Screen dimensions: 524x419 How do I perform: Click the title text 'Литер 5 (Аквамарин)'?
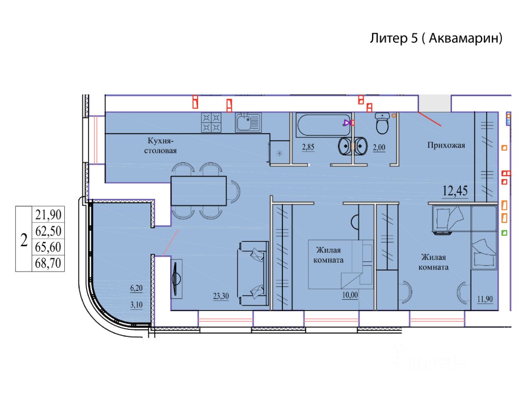[436, 38]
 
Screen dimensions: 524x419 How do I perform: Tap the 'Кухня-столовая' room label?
[160, 146]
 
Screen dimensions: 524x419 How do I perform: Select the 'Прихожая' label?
[446, 145]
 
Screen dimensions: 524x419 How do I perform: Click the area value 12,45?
[455, 191]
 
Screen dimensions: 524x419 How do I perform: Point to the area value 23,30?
[221, 296]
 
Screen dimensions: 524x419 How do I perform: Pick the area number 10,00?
[350, 295]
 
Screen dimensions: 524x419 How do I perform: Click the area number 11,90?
[485, 299]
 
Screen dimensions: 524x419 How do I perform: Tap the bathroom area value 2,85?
[308, 147]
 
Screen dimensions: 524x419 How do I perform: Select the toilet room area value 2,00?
[379, 147]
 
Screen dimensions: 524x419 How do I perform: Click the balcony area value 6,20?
[136, 288]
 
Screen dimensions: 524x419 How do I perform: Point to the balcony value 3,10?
[136, 304]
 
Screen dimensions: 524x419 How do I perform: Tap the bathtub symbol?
[323, 125]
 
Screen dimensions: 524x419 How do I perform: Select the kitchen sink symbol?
[248, 122]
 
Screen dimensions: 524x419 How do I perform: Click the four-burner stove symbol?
[211, 122]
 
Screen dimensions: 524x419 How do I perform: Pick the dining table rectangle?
[199, 191]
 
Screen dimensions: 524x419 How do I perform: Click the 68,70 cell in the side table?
[48, 263]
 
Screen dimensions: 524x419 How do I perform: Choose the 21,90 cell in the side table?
[48, 214]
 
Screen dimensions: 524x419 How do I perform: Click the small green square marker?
[504, 233]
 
